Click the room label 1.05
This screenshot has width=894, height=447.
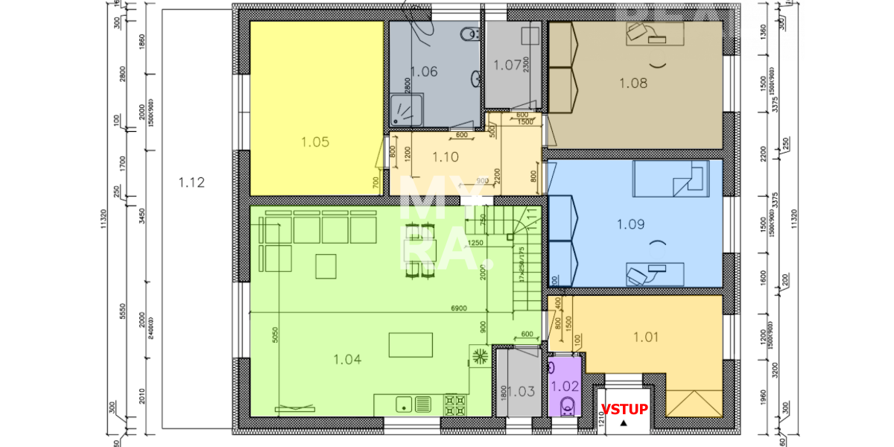[315, 142]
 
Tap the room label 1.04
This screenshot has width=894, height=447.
[347, 359]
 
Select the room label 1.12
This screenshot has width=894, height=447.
[191, 182]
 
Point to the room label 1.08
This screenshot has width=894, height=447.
[633, 83]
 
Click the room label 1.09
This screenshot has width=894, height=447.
[630, 223]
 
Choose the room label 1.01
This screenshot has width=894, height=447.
[646, 337]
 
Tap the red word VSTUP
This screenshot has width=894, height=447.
[624, 409]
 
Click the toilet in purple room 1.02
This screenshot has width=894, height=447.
[567, 405]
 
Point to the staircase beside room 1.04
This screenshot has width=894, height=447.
[525, 261]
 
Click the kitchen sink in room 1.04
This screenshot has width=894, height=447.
[413, 405]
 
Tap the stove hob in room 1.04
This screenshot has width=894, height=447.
[455, 405]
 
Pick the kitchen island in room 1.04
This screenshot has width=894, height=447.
[410, 345]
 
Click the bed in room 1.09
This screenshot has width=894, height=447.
[668, 179]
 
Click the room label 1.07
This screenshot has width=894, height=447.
[507, 65]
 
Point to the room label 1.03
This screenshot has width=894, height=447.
[522, 390]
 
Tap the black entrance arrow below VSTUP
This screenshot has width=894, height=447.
[624, 422]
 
